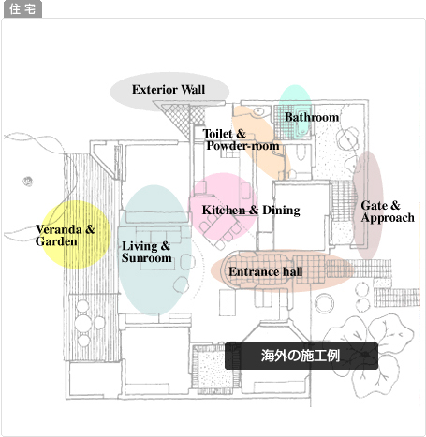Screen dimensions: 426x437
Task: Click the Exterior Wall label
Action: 169,90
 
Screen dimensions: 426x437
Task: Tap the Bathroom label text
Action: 312,117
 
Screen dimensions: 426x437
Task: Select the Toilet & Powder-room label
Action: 241,139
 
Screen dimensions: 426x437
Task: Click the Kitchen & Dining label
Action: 251,211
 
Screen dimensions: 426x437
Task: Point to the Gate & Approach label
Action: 388,211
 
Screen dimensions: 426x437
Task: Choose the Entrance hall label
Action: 266,271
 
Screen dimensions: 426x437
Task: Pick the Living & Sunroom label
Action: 146,252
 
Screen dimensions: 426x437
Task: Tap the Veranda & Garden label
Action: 65,236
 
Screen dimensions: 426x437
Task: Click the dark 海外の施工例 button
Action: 301,356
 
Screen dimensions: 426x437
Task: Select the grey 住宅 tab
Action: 22,9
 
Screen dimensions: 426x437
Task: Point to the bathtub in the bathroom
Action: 302,124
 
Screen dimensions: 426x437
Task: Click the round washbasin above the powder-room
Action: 258,111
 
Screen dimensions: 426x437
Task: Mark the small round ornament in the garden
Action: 28,181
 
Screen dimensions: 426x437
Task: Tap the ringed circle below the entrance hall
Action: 324,303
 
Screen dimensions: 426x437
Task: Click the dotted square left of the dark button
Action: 213,369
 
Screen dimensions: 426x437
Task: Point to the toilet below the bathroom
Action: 301,153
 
